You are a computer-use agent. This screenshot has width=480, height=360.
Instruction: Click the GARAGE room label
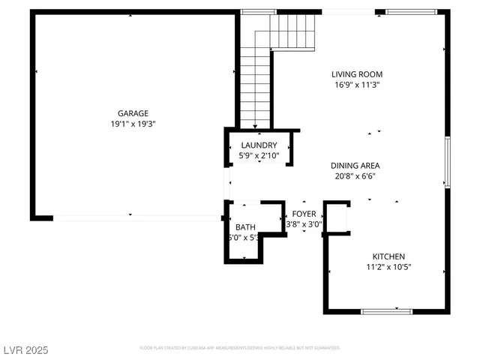[132, 113]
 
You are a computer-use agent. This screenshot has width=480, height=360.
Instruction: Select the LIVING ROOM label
[358, 74]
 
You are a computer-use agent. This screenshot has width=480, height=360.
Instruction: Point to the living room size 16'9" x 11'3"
[358, 85]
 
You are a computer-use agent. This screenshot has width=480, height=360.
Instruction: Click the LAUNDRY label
[259, 145]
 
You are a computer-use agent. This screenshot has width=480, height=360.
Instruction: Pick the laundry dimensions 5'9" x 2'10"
[259, 156]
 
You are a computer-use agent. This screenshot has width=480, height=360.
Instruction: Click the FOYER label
[304, 213]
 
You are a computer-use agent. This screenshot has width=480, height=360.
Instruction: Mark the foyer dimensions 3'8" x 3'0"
[304, 223]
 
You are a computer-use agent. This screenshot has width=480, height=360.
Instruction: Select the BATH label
[244, 227]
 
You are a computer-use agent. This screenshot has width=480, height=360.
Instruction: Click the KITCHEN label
[389, 256]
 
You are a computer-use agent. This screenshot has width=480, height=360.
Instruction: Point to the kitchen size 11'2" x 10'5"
[389, 267]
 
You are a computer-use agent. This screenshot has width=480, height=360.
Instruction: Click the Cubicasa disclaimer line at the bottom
[240, 348]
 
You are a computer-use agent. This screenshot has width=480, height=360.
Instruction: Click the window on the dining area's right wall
[448, 161]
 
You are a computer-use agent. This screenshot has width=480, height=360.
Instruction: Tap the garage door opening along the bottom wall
[137, 218]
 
